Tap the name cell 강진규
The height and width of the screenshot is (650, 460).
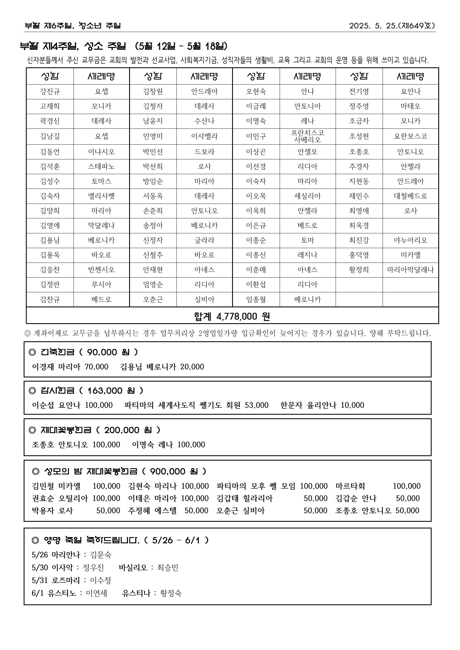pyautogui.click(x=50, y=92)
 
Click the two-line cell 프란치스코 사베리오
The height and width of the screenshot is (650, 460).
pyautogui.click(x=308, y=136)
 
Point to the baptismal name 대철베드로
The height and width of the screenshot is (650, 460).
pyautogui.click(x=410, y=196)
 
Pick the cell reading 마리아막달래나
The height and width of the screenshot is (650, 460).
pyautogui.click(x=410, y=270)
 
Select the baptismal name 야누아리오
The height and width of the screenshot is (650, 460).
pyautogui.click(x=410, y=240)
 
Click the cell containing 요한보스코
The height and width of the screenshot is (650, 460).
pyautogui.click(x=410, y=136)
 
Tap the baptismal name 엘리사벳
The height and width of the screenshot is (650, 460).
pyautogui.click(x=101, y=196)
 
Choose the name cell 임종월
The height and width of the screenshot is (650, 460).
pyautogui.click(x=256, y=300)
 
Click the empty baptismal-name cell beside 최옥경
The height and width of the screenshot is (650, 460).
pyautogui.click(x=410, y=226)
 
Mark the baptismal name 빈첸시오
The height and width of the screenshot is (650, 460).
pyautogui.click(x=101, y=270)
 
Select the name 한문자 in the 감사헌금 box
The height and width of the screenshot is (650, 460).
pyautogui.click(x=291, y=405)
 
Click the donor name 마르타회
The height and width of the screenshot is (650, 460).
pyautogui.click(x=350, y=486)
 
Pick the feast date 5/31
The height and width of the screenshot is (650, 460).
pyautogui.click(x=40, y=580)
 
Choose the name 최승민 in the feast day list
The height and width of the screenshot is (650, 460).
pyautogui.click(x=168, y=568)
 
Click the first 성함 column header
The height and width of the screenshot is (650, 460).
pyautogui.click(x=50, y=76)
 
